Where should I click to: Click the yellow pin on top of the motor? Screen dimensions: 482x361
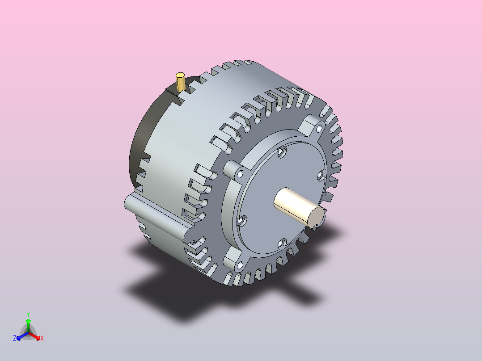tap(181, 82)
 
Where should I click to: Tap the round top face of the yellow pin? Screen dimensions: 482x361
tap(181, 75)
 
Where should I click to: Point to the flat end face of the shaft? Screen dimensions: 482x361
tap(316, 217)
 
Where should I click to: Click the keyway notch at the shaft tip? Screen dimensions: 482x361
tap(315, 226)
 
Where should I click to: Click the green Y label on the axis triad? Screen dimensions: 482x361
tap(28, 314)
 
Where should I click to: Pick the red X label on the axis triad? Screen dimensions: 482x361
tap(42, 338)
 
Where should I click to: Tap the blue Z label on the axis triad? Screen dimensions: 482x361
tap(15, 338)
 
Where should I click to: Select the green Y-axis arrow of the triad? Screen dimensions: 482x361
tap(28, 326)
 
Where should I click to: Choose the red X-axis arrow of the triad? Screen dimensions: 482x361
tap(34, 336)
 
